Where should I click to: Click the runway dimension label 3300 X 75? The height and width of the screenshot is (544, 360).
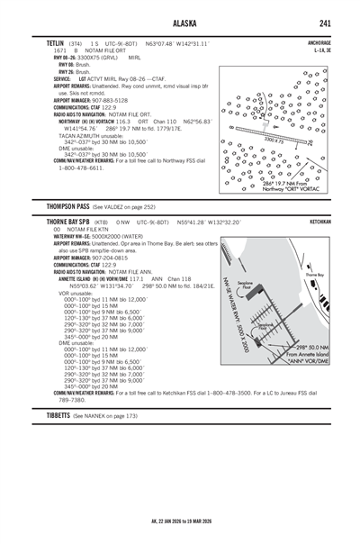[271, 141]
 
